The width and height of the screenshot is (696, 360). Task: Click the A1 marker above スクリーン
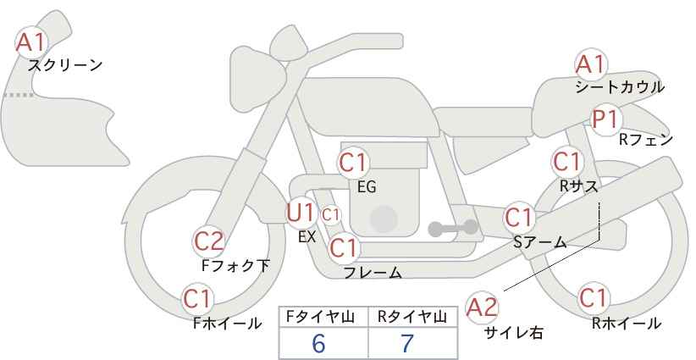31,42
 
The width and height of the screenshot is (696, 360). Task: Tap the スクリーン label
65,66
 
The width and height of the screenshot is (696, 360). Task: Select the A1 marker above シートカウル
591,65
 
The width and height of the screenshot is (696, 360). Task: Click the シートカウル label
620,87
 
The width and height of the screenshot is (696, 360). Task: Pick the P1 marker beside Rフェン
606,119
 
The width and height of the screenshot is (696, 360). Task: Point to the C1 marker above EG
354,163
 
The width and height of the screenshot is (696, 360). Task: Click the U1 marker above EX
301,213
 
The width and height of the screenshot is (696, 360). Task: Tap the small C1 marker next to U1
331,215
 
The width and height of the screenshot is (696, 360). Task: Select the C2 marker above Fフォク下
209,241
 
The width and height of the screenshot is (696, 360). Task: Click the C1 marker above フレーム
344,247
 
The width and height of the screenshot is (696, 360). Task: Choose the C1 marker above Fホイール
198,299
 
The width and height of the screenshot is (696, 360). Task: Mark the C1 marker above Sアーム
519,218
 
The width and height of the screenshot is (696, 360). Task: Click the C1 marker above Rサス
567,162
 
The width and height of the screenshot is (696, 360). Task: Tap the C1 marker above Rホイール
594,298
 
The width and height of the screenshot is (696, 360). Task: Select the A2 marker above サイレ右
483,307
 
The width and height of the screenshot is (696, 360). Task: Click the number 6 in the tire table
318,343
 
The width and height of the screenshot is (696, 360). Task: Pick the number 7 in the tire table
407,343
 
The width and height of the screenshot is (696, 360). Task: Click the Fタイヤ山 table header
320,317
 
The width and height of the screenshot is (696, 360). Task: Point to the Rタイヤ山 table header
412,317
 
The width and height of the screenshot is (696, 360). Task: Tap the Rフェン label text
646,141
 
